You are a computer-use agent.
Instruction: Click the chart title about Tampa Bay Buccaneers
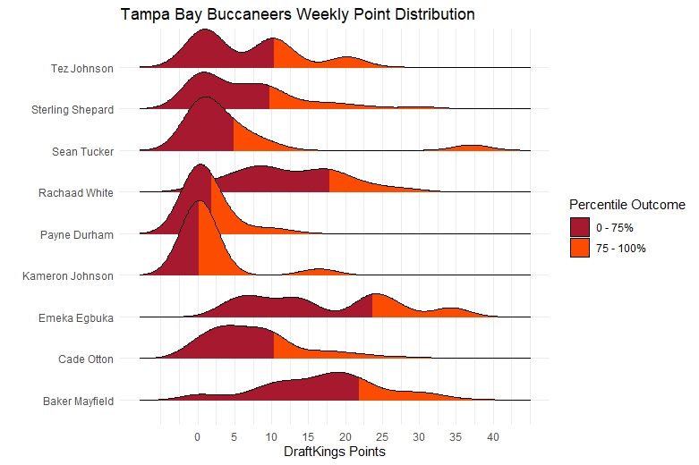tap(298, 15)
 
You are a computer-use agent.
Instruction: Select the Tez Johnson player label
tap(82, 68)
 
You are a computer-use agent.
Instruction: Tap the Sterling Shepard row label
tap(72, 110)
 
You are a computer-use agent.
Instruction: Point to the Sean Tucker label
tap(83, 151)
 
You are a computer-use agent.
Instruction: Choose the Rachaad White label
tap(76, 192)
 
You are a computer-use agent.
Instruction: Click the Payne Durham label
tap(77, 235)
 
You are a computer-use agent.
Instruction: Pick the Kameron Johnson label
tap(68, 276)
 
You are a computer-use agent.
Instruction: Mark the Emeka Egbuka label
tap(76, 317)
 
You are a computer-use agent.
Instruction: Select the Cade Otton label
tap(82, 359)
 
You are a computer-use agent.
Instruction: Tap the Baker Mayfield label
tap(78, 401)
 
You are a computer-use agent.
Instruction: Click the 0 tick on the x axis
tap(198, 437)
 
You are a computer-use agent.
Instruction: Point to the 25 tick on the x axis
tap(382, 437)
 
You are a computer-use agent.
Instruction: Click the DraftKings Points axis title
tap(334, 452)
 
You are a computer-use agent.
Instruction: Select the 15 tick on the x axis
tap(309, 437)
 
